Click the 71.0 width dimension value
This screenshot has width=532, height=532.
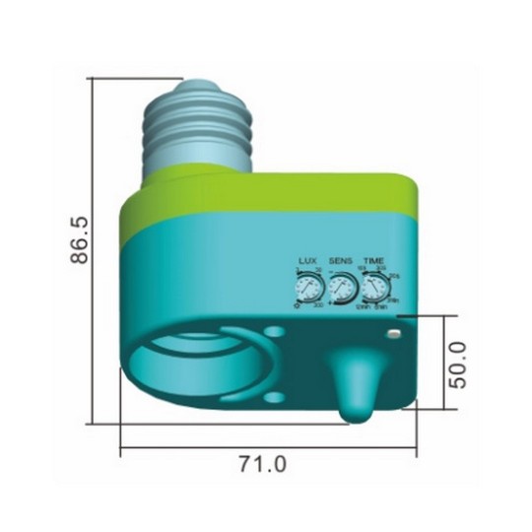click(x=263, y=463)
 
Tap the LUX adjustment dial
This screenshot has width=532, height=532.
click(x=307, y=289)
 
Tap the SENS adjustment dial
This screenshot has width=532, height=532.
click(x=341, y=289)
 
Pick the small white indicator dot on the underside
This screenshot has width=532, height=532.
click(x=394, y=335)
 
